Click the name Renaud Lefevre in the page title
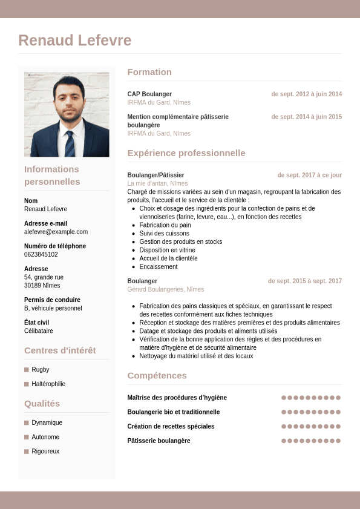pos(74,41)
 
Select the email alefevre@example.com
pos(56,232)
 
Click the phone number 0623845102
pos(41,254)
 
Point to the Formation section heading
pos(149,72)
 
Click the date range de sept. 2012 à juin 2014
pos(306,94)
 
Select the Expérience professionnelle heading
pos(186,153)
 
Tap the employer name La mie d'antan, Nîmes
pos(157,183)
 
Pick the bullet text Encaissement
pos(159,266)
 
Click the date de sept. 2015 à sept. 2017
pos(304,281)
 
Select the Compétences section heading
pos(157,376)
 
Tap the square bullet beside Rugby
pos(27,369)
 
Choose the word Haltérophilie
pos(48,384)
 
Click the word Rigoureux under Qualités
pos(45,451)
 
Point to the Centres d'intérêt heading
pos(60,350)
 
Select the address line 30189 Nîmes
pos(42,285)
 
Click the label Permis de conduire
pos(52,300)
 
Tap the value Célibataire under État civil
pos(39,331)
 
